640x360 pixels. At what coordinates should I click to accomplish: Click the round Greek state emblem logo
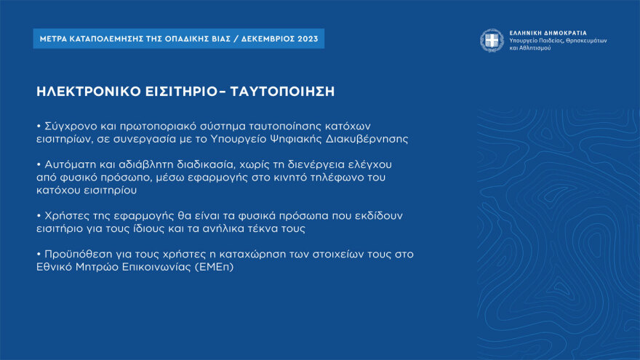tap(492, 40)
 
